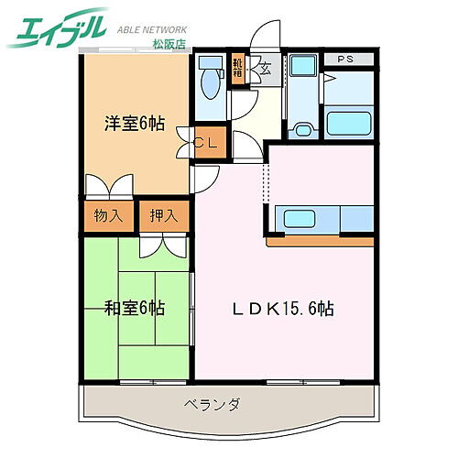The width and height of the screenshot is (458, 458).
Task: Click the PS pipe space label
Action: pos(347,60)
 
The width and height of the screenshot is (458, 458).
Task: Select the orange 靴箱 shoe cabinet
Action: pos(238,70)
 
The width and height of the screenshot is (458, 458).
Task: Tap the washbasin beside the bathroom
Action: pos(303,72)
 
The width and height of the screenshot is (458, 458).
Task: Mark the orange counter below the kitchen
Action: pos(321,242)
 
